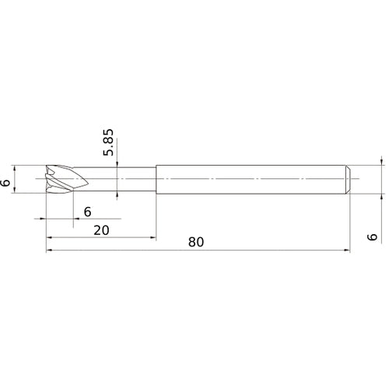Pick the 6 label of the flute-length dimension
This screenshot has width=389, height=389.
coord(87,212)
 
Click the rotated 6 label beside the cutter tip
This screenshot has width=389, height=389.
coord(7,182)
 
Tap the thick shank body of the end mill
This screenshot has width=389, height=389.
coord(249,180)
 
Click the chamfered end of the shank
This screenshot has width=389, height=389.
coord(346,180)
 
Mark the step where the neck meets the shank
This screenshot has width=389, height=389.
coord(156,180)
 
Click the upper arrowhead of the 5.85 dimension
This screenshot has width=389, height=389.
coord(116,164)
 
